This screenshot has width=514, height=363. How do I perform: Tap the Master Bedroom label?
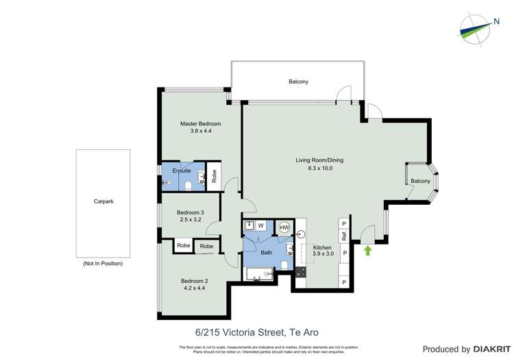tap(201, 123)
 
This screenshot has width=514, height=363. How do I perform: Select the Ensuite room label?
tap(182, 171)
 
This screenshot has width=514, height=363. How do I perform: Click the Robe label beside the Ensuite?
tap(215, 176)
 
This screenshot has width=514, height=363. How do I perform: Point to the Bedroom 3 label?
tap(190, 212)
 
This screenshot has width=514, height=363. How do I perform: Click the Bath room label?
tap(266, 253)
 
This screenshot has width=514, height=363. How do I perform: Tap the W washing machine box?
tap(260, 226)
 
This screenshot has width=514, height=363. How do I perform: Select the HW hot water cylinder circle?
tap(284, 227)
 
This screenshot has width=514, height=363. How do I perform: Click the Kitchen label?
tap(322, 247)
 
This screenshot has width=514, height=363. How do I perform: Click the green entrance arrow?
tap(367, 251)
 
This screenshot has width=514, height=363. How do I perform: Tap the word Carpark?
tap(103, 201)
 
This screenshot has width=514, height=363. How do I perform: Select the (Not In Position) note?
tap(103, 263)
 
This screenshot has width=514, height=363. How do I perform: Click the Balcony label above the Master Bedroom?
tap(298, 82)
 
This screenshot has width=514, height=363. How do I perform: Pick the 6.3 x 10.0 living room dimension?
tap(314, 168)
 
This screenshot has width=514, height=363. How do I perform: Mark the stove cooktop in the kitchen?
tap(300, 272)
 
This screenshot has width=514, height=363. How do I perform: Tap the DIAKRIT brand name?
tap(489, 349)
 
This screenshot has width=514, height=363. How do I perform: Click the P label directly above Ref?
tap(344, 223)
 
